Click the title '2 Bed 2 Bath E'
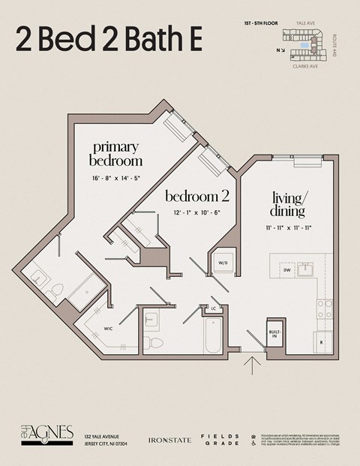109,40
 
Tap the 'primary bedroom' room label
115,153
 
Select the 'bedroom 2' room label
196,197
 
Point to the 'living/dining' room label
289,204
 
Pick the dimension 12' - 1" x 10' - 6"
196,213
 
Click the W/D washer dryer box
223,263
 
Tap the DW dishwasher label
286,269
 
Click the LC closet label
214,308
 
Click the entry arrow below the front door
253,367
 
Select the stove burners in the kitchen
324,308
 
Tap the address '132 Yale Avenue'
106,436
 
